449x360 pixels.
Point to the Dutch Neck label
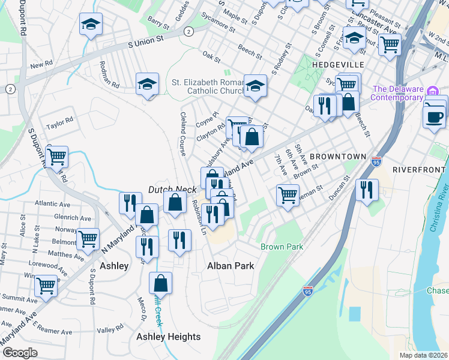pyautogui.click(x=173, y=189)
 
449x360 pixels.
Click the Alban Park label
pyautogui.click(x=231, y=265)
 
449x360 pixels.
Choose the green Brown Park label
pyautogui.click(x=282, y=247)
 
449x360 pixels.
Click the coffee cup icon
pyautogui.click(x=434, y=116)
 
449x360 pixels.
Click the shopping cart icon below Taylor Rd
pyautogui.click(x=57, y=157)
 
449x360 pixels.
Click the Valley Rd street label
pyautogui.click(x=109, y=330)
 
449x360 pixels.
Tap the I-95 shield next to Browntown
pyautogui.click(x=376, y=162)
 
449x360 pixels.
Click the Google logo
pyautogui.click(x=20, y=353)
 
